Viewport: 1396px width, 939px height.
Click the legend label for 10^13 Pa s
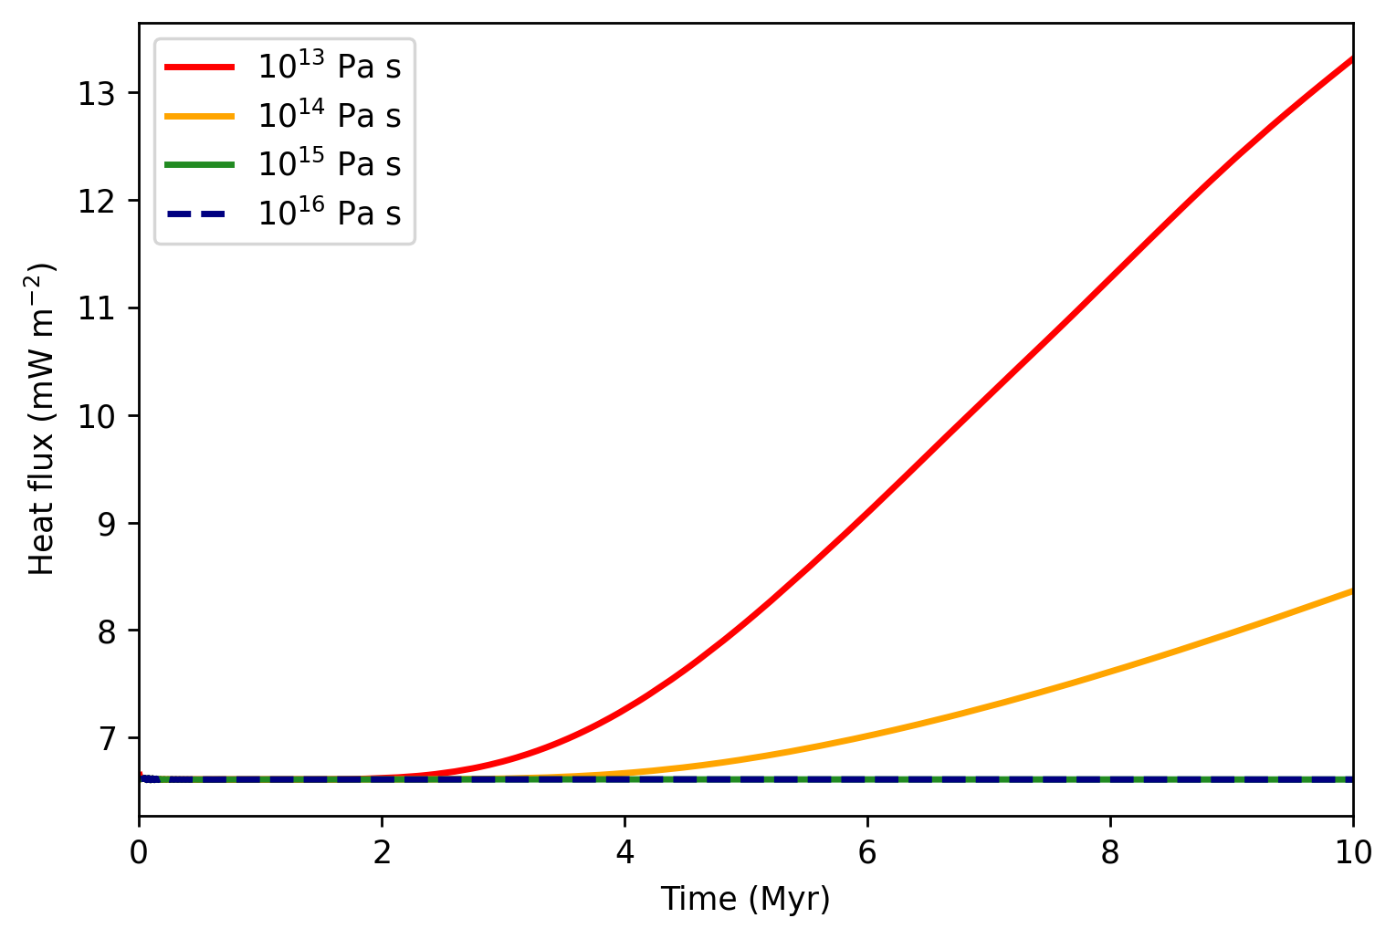pos(329,66)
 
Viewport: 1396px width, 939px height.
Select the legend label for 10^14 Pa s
pos(329,115)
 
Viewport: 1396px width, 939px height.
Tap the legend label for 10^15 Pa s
pos(329,164)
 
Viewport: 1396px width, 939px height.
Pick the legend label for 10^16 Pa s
pos(329,214)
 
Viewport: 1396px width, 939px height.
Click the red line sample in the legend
pos(199,67)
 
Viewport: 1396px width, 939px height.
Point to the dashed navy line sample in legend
pos(199,214)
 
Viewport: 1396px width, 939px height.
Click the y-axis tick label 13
pos(97,94)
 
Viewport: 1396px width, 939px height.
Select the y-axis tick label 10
pos(97,416)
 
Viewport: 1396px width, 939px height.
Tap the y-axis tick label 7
pos(107,739)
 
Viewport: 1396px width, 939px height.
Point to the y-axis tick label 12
pos(97,202)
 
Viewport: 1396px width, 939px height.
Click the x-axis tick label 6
pos(867,852)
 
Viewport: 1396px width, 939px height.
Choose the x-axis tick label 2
pos(382,852)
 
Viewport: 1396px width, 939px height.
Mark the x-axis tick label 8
pos(1110,852)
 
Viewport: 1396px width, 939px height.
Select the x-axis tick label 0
pos(139,852)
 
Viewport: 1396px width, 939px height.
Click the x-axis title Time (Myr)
pos(745,900)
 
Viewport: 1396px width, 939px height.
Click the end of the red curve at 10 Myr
pos(1352,58)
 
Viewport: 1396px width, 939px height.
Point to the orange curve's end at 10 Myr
pos(1352,590)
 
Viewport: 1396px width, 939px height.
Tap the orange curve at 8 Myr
pos(1110,671)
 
